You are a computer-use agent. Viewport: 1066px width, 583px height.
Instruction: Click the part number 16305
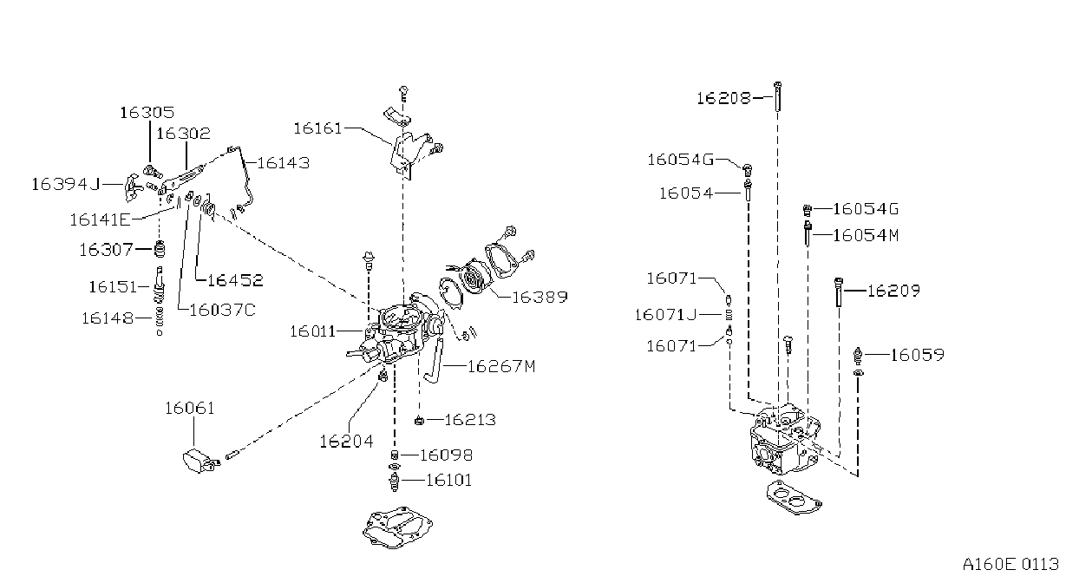tap(147, 112)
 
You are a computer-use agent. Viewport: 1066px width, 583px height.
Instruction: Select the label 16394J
tap(66, 184)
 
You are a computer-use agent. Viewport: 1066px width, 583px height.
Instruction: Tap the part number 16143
tap(284, 163)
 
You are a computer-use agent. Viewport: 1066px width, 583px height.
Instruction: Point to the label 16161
tap(318, 128)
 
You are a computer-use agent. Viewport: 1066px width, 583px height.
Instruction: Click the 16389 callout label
tap(540, 298)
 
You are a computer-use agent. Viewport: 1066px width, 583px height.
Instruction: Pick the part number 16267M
tap(501, 366)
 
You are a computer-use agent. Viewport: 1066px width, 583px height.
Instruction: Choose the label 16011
tap(313, 331)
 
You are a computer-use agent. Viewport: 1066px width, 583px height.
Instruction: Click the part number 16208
tap(724, 99)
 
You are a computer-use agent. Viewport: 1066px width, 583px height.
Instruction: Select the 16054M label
tap(866, 236)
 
